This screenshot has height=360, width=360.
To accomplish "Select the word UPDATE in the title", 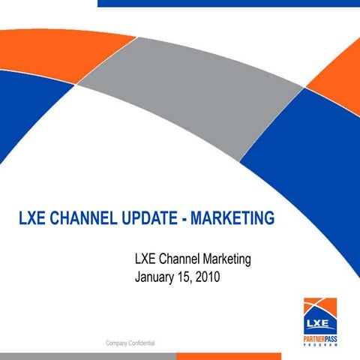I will coord(146,219).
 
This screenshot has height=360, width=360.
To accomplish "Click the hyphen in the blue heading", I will coord(183,220).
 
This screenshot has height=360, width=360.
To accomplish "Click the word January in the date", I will coord(155,277).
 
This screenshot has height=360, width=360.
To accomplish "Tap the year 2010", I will coord(205,277).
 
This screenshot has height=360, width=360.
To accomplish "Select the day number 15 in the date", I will coord(181,277).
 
